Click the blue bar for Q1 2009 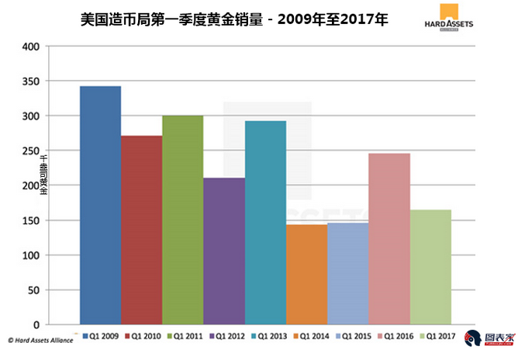point(100,205)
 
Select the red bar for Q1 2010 point(141,230)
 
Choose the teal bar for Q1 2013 point(265,222)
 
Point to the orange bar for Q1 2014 point(306,274)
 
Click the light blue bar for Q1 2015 point(347,273)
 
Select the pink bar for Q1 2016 point(389,238)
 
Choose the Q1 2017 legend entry point(434,336)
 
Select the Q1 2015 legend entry point(351,336)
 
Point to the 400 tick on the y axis point(30,47)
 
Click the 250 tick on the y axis point(30,151)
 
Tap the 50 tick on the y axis point(33,289)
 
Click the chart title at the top point(233,18)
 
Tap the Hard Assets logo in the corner point(449,18)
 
